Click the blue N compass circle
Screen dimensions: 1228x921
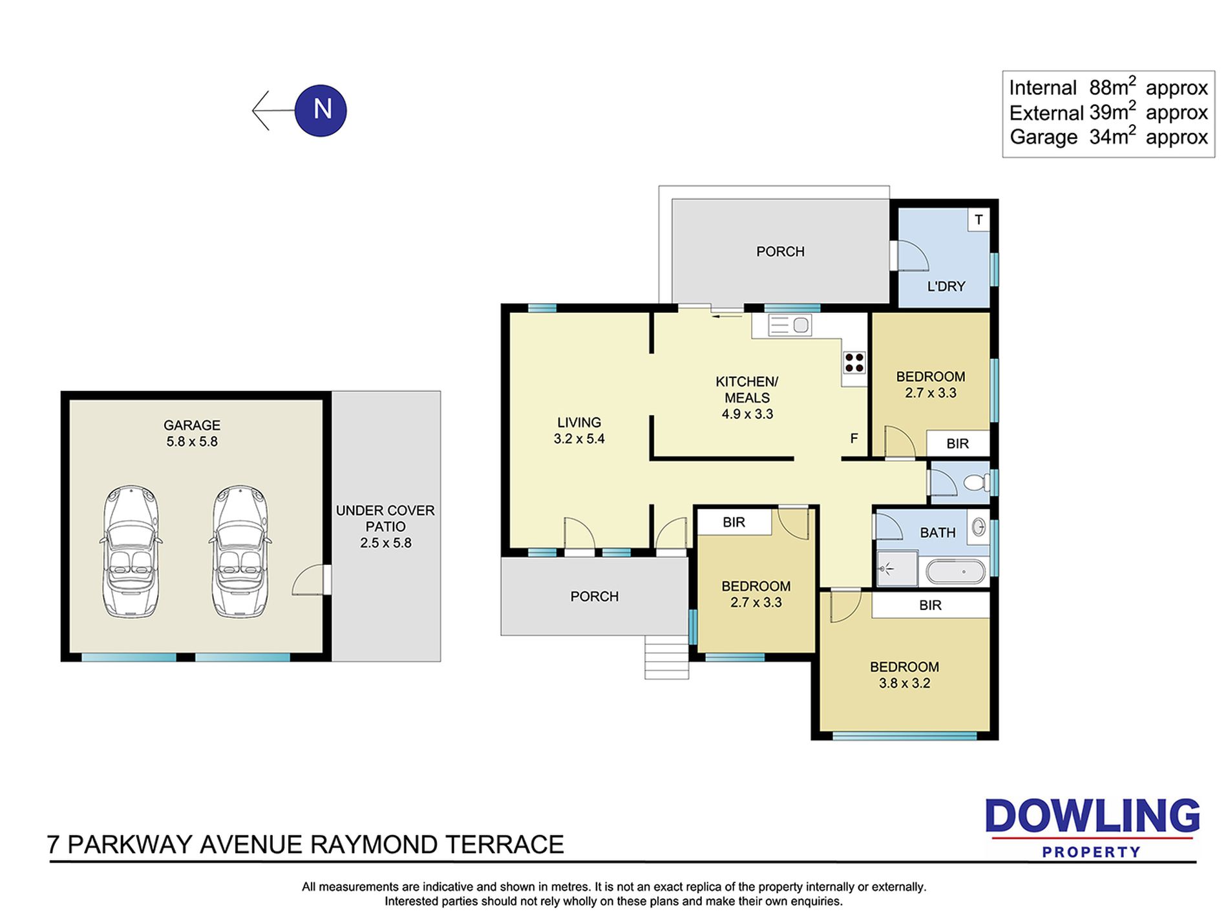coord(321,111)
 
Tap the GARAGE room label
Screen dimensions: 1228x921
coord(192,425)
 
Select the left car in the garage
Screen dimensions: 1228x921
coord(131,551)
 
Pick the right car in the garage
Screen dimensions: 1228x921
coord(240,551)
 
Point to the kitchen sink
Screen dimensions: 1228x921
coord(790,325)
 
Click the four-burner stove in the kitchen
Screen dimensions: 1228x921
coord(854,363)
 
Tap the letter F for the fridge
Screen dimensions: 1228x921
coord(854,439)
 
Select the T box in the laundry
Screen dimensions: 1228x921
coord(979,220)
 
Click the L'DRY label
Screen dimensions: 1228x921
coord(946,286)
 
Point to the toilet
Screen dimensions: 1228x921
coord(977,482)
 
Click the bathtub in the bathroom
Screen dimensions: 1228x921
coord(956,572)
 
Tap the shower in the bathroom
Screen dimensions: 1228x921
coord(896,569)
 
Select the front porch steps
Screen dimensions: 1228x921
coord(666,657)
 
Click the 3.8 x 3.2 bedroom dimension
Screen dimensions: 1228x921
coord(904,683)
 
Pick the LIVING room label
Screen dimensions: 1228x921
coord(579,423)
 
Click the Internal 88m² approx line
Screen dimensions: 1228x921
coord(1108,87)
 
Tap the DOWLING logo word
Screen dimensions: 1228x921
coord(1092,816)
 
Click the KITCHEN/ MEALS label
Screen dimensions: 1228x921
coord(747,390)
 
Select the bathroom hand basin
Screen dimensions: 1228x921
coord(979,527)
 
